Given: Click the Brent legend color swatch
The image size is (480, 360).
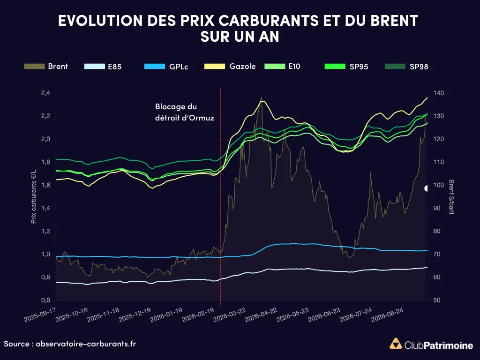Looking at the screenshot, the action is pos(34,67).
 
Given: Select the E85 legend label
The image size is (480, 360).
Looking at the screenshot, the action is pos(115,67).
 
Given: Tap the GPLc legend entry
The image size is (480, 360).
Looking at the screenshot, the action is pos(166,67).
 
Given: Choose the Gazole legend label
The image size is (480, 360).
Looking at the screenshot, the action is pos(242,67).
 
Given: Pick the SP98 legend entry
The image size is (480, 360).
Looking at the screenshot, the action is pos(406,67).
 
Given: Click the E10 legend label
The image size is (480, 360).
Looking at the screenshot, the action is pos(294,67).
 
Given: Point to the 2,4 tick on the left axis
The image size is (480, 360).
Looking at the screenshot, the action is pos(45,93).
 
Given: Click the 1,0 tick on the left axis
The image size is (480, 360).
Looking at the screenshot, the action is pos(45,254).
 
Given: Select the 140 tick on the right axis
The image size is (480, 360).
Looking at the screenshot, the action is pos(438,93).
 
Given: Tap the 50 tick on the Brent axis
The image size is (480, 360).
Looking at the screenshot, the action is pos(436,300).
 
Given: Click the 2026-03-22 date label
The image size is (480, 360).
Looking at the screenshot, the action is pos(230,315).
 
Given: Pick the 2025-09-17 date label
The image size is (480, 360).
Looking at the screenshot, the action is pos(40,315).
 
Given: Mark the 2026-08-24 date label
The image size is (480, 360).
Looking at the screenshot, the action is pos(387,315).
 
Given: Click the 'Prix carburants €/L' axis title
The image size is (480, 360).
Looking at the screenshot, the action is pos(34,196).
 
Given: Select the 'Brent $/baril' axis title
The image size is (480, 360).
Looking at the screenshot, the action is pos(451,196).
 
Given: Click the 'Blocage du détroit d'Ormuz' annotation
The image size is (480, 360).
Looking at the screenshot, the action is pos(185,112).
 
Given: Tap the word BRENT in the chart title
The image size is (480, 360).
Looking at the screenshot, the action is pos(394,21).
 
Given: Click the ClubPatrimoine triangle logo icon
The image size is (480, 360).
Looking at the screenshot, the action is pos(396,344).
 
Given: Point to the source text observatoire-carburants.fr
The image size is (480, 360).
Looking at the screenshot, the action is pos(86,344).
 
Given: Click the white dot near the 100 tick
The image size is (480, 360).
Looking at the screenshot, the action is pos(426,188).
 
